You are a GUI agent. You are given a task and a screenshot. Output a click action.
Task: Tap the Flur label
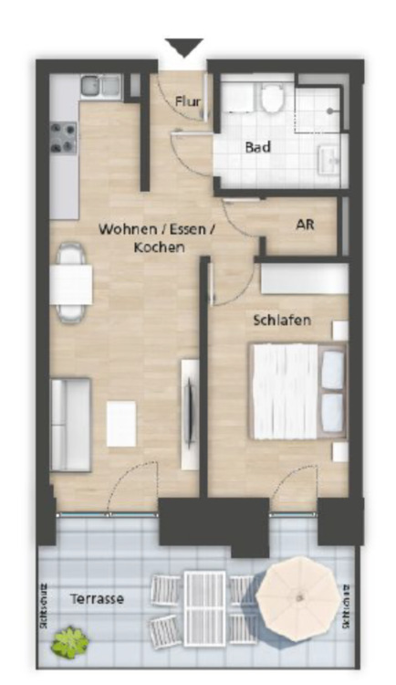pos(188,103)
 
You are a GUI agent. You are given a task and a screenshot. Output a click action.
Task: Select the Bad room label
pos(257,146)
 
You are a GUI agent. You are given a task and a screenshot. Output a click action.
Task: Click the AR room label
pos(306,223)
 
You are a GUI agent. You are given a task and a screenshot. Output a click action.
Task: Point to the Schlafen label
pos(282,320)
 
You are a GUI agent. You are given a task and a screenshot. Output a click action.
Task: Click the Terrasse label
pos(97,598)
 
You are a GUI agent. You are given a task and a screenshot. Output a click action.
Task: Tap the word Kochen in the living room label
pos(159,248)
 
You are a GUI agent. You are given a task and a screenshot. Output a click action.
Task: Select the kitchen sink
pos(101,87)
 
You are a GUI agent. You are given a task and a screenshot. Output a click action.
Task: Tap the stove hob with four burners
pos(64,138)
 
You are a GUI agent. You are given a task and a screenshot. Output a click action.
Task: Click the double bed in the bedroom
pos(297,390)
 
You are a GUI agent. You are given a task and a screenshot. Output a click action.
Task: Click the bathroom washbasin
pos(328,162)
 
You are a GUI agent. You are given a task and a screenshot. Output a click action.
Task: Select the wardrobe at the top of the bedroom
pos(304,279)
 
